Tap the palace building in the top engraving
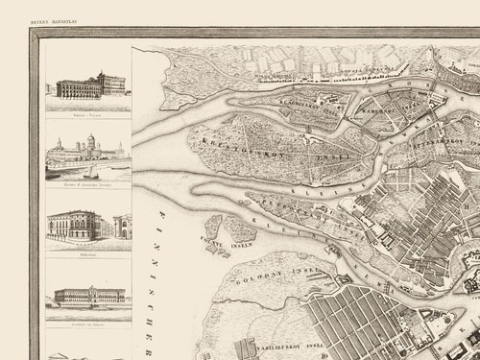(x=89, y=86)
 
